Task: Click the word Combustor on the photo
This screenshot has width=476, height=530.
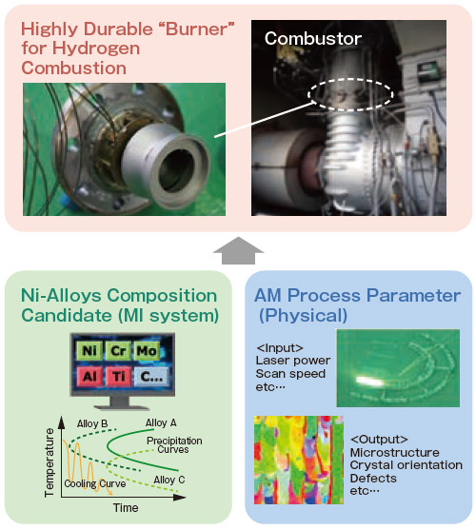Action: click(x=313, y=38)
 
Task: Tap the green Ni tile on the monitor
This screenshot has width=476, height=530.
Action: click(x=89, y=350)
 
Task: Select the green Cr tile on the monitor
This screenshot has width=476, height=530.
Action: click(x=118, y=350)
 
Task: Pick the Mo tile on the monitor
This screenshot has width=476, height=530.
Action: click(x=147, y=350)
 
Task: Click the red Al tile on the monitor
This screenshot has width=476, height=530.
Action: click(x=89, y=376)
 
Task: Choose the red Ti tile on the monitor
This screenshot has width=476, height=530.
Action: click(x=118, y=376)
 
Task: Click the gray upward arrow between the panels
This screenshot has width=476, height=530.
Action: click(x=238, y=250)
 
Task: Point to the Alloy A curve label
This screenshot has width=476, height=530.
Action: click(x=161, y=422)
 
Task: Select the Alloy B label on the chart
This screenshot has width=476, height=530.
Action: click(x=92, y=423)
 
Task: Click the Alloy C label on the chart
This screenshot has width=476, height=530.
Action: click(x=169, y=480)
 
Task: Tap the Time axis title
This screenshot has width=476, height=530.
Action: click(x=126, y=508)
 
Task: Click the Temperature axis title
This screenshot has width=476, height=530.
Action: click(x=50, y=462)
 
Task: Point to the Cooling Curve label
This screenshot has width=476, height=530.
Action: click(x=95, y=483)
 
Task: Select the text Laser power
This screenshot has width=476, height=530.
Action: click(x=293, y=361)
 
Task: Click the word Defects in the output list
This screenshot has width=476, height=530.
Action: click(x=373, y=479)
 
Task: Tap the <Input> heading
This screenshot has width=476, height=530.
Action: click(x=280, y=348)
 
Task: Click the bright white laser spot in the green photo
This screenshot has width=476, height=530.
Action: click(x=370, y=381)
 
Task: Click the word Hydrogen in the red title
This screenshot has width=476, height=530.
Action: click(x=95, y=48)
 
